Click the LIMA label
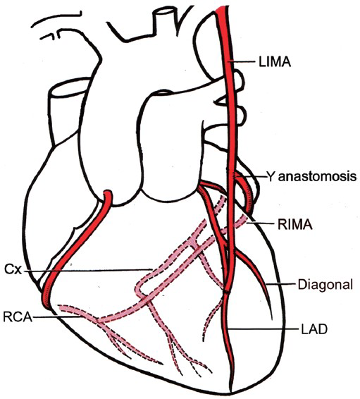coord(275,62)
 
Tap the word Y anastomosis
coord(311,176)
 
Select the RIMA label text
coord(294,224)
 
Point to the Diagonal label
coord(325,284)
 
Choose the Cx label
coord(13,270)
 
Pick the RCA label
coord(18,317)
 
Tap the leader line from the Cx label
coord(88,271)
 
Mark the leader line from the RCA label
coord(58,317)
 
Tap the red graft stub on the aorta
coord(108,195)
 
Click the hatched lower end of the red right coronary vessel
coord(46,301)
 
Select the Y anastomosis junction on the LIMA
coord(234,176)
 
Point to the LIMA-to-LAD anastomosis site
coord(227,290)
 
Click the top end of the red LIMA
coord(221,8)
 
